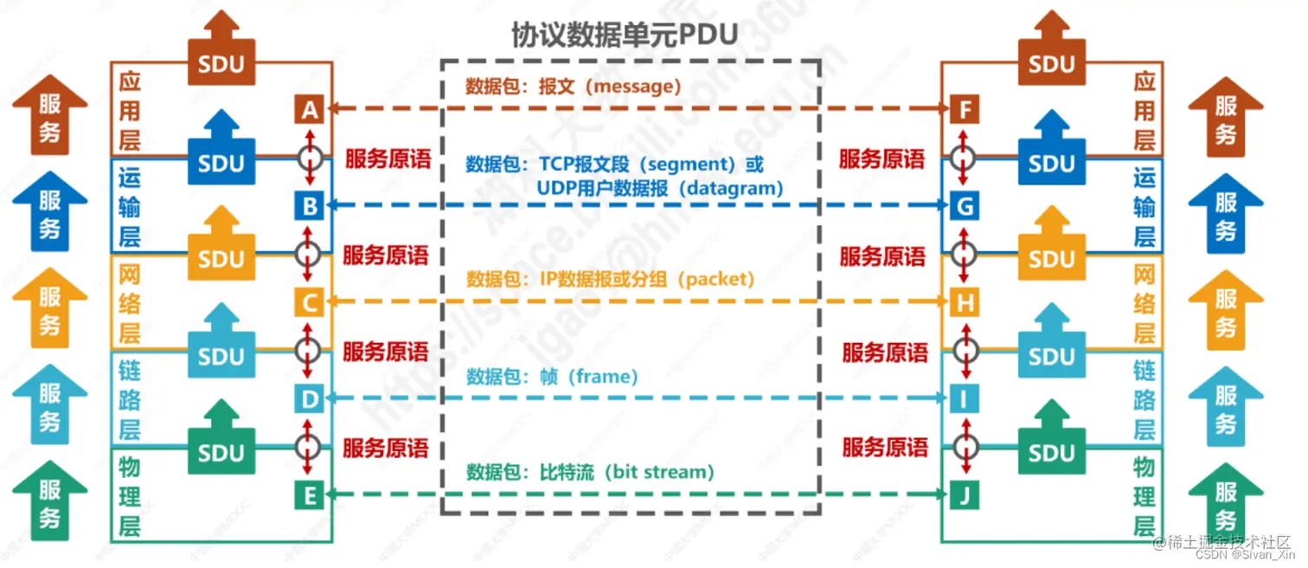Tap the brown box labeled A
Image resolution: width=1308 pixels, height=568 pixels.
coord(309,110)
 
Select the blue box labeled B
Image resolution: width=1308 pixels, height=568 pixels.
coord(309,206)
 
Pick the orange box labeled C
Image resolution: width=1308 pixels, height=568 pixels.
coord(309,302)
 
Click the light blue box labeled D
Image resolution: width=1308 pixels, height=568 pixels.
coord(309,398)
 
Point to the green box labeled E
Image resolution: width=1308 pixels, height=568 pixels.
coord(309,495)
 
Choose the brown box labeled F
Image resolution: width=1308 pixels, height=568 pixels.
coord(964,110)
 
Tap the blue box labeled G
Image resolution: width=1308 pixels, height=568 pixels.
coord(964,206)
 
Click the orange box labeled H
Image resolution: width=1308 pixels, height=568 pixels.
coord(964,302)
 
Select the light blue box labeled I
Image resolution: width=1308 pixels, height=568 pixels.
coord(964,398)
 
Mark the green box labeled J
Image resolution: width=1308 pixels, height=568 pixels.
coord(964,495)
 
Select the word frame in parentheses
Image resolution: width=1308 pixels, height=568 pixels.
coord(603,376)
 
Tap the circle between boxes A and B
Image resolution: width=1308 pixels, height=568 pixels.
coord(309,158)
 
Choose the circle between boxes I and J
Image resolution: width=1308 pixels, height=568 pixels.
coord(964,447)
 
